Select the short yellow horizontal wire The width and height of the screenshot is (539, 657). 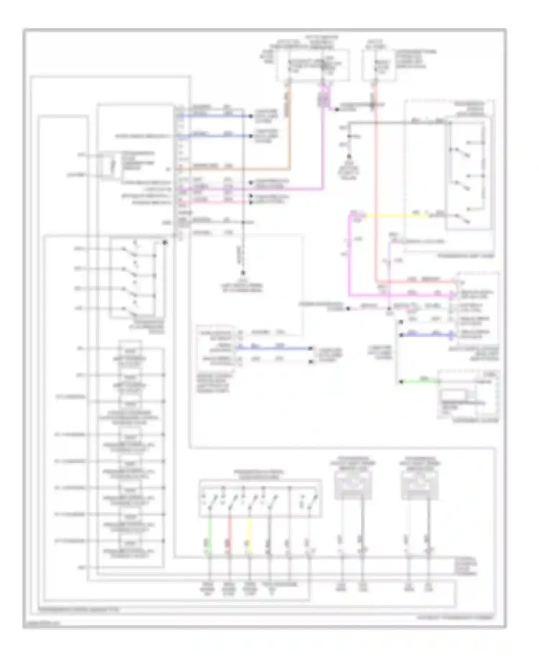[x=395, y=216]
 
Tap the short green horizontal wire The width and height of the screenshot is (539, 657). [x=419, y=381]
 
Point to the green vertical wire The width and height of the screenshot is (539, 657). [x=210, y=536]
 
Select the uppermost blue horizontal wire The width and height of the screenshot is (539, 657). [x=216, y=116]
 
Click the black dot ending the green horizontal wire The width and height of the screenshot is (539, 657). [x=401, y=382]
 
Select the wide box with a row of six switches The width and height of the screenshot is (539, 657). [x=260, y=498]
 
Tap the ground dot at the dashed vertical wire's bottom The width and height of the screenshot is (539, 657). [x=243, y=273]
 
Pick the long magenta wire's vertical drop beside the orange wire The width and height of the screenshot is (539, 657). [x=323, y=144]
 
